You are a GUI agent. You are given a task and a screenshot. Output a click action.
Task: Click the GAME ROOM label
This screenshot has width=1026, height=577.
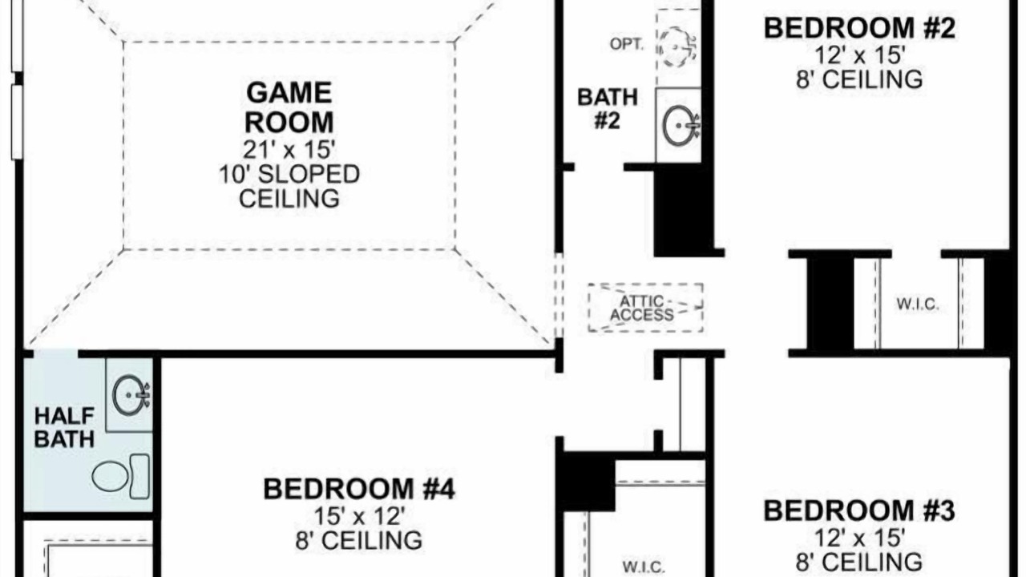point(289,107)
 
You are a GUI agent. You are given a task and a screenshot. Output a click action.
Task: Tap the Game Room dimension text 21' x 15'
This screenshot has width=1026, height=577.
point(289,149)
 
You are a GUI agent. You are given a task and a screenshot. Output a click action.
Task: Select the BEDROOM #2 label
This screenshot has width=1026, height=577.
point(859,28)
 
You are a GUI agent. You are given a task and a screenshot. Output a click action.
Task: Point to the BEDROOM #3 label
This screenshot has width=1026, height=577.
point(859,510)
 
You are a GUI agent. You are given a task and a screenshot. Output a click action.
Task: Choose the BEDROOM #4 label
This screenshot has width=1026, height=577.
point(359,489)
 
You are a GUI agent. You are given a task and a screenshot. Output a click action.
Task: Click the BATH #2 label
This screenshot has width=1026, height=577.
point(608,109)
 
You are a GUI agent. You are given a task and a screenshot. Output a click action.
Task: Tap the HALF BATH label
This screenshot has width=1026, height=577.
point(65,428)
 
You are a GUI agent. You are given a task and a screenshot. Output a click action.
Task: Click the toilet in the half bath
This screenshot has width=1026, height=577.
point(121,477)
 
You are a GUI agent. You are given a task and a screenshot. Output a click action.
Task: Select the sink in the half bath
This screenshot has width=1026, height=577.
point(131,395)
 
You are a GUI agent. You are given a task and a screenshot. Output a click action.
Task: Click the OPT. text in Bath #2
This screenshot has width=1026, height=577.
point(627,44)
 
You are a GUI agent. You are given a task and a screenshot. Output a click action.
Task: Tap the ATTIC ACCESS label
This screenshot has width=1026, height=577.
point(642,309)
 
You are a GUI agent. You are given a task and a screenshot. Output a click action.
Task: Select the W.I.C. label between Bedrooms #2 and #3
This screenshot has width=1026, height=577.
point(918,305)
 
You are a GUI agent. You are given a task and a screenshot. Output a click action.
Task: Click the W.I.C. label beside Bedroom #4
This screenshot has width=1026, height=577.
point(644,567)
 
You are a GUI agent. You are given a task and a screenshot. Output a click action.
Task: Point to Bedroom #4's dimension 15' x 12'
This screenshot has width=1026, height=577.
point(359,516)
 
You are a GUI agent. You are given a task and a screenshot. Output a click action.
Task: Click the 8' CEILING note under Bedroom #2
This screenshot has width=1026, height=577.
point(859,79)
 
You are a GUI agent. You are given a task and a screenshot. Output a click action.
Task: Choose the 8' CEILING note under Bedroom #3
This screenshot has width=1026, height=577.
point(859,562)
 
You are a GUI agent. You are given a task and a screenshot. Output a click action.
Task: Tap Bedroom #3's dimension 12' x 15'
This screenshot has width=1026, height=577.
point(859,538)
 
